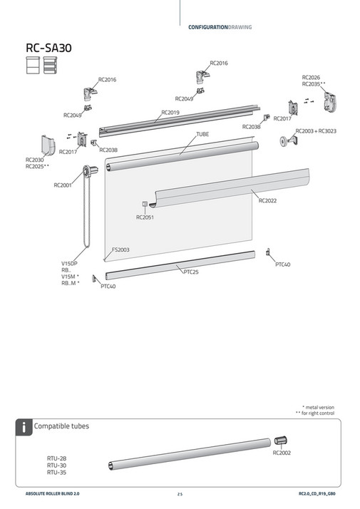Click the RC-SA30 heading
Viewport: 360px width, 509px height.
(48, 48)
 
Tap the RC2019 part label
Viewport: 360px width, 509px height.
(170, 113)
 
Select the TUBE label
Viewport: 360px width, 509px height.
(202, 134)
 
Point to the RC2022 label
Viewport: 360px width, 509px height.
(267, 201)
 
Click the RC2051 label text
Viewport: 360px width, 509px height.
(145, 217)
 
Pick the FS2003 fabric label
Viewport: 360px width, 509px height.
(120, 251)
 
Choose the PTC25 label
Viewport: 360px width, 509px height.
(190, 272)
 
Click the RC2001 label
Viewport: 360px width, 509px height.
(63, 185)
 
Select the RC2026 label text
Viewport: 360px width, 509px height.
(311, 77)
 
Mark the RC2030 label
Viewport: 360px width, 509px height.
(35, 160)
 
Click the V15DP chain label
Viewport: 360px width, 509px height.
(70, 264)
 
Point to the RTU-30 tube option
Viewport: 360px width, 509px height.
(57, 466)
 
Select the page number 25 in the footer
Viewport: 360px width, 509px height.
(180, 493)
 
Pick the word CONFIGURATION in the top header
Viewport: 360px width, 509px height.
(207, 27)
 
